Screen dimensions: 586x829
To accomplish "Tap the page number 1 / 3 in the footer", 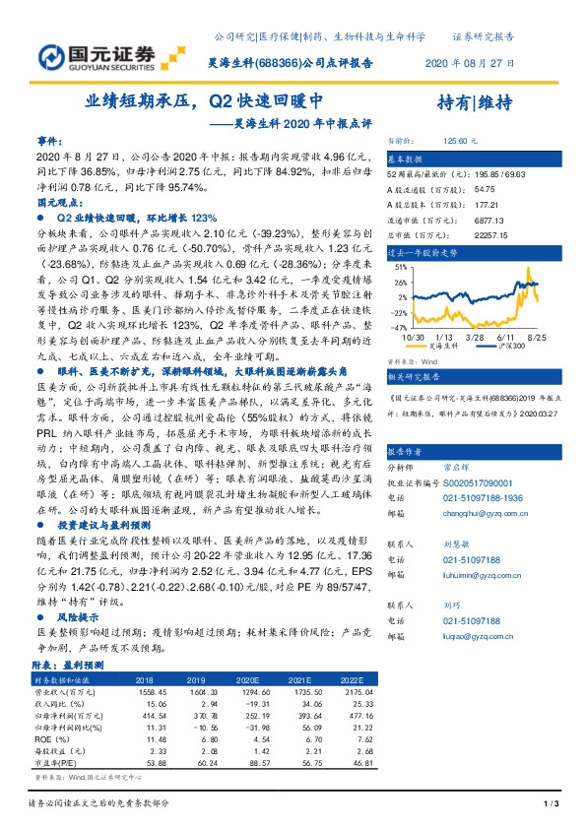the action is pos(551,805).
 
